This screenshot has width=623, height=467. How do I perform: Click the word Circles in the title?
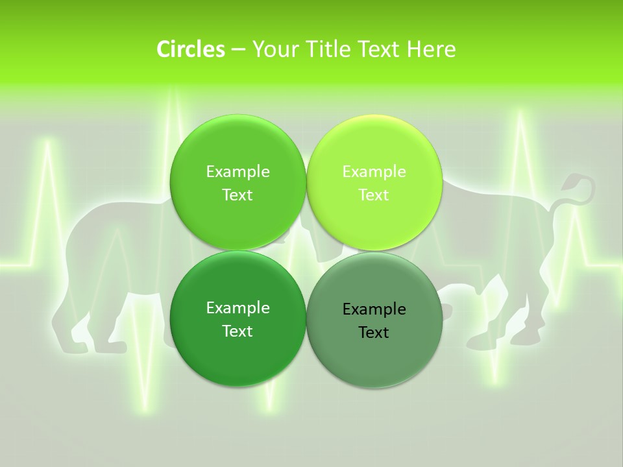pyautogui.click(x=190, y=49)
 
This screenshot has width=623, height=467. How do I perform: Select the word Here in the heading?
pyautogui.click(x=432, y=49)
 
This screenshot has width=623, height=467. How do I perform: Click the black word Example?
pyautogui.click(x=374, y=309)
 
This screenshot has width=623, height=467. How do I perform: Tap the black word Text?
pyautogui.click(x=374, y=333)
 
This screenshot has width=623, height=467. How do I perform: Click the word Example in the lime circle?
pyautogui.click(x=374, y=172)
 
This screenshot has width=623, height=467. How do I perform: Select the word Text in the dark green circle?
pyautogui.click(x=238, y=331)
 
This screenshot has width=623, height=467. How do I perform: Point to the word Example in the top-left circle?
pyautogui.click(x=238, y=172)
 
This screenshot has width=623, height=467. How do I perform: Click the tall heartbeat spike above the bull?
pyautogui.click(x=520, y=117)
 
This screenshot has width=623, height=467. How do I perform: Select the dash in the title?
pyautogui.click(x=238, y=49)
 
